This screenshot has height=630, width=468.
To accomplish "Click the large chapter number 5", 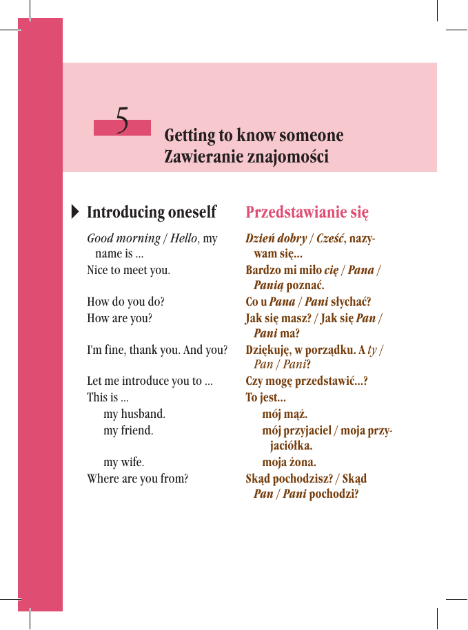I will [122, 120].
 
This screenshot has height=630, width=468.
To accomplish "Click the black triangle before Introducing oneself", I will [75, 211].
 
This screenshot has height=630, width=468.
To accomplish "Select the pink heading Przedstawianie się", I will [307, 211].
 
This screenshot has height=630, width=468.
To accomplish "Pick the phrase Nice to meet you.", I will [128, 270].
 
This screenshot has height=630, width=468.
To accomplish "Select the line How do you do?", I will [125, 302].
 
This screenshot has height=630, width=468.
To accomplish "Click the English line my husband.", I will [134, 414].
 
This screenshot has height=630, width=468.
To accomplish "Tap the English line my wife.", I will [123, 462].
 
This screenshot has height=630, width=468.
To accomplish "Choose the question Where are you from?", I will [137, 478].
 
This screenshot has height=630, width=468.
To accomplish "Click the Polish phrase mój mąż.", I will [285, 414].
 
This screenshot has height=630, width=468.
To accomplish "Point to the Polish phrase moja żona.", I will [289, 462].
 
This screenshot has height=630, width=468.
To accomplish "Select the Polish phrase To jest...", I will [265, 398].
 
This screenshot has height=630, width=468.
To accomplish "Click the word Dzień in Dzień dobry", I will [261, 239].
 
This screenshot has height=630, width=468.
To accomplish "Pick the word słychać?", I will [351, 302].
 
